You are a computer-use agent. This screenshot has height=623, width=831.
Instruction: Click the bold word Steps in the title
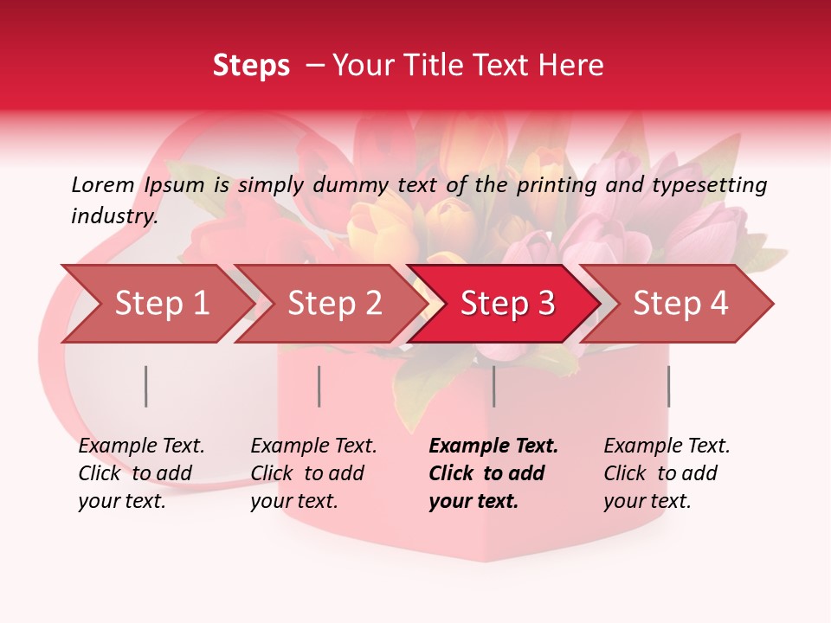pos(251,66)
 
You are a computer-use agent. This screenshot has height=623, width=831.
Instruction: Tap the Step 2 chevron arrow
pos(334,304)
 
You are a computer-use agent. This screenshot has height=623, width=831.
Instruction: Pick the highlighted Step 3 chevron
pos(507,304)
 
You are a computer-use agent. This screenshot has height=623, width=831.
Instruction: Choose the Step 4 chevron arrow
pos(680,304)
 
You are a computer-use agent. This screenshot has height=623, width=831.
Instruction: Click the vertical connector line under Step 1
pos(146,386)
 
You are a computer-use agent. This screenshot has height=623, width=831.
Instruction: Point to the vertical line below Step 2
pos(319,386)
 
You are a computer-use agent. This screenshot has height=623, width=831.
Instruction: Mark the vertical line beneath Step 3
pos(494,386)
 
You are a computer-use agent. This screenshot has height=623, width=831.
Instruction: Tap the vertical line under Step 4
pos(668,386)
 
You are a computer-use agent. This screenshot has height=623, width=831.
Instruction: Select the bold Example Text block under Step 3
pos(493,473)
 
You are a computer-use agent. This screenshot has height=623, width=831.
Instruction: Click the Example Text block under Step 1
pos(141,473)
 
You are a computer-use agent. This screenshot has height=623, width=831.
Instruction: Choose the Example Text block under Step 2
pos(313,473)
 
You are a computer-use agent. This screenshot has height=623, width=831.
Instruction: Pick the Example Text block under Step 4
pos(667,473)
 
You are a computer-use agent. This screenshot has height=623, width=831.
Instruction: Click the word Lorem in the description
pos(103,184)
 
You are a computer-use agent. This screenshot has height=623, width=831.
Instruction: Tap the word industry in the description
pos(114,215)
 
